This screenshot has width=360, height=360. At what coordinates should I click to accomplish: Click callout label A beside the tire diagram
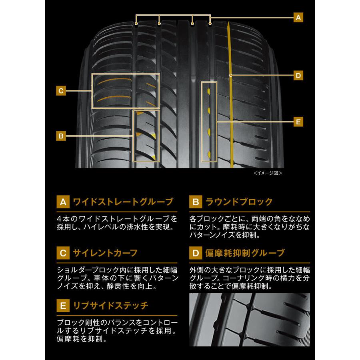coord(298,18)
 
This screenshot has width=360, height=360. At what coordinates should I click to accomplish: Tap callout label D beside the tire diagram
coord(298,76)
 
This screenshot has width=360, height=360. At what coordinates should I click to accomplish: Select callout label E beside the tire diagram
coord(298,122)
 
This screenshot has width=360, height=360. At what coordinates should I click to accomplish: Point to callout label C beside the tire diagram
coord(61,91)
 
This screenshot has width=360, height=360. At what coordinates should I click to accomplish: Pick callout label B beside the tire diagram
coord(61,136)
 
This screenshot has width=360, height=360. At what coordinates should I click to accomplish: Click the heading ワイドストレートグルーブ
coord(123,202)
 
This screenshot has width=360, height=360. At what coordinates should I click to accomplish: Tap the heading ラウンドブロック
coord(239,202)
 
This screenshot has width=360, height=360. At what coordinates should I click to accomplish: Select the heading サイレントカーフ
coord(105,253)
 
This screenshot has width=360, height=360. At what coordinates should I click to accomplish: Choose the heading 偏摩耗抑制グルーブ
coord(245,253)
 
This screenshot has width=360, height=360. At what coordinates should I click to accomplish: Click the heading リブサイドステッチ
coord(110,306)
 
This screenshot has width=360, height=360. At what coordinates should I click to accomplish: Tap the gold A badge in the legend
coord(63,202)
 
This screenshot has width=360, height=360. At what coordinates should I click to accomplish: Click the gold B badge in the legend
coord(196,202)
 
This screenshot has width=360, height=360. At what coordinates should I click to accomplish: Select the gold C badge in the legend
coord(63,253)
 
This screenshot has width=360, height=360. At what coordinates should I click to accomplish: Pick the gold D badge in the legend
coord(196,253)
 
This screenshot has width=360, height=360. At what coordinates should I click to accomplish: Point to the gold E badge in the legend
coord(63,306)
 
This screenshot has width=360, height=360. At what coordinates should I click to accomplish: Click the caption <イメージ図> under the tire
coord(268,173)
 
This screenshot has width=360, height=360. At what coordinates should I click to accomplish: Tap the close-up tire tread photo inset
coord(250,319)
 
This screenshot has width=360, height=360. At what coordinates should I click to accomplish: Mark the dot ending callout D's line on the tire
coord(230,75)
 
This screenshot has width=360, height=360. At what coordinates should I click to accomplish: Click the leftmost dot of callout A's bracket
coord(136,24)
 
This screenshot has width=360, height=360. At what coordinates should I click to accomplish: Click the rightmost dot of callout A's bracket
coord(210,24)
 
